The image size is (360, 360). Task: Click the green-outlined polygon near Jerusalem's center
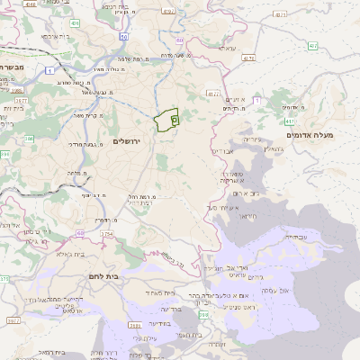166,121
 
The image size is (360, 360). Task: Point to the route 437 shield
312,45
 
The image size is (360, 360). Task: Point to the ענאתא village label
226,47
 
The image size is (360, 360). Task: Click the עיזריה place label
252,139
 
